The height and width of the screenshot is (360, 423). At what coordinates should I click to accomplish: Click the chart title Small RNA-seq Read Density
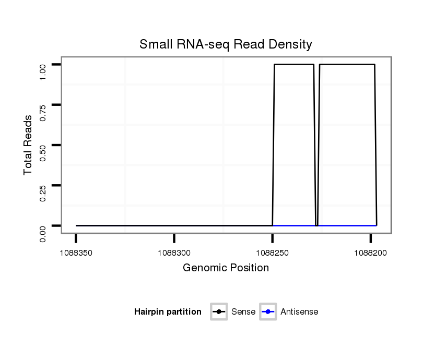point(226,44)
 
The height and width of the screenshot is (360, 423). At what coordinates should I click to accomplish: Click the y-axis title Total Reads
point(29,145)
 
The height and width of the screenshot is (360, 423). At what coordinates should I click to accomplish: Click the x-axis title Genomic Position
point(226,268)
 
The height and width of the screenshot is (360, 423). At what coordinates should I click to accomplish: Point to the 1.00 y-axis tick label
point(43,72)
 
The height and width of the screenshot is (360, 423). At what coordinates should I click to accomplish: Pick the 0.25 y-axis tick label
point(43,193)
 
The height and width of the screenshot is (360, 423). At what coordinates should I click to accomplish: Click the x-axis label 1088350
point(76,253)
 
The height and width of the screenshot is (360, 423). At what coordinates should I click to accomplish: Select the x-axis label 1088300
point(174,253)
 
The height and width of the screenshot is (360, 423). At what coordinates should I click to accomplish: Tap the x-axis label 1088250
point(272,253)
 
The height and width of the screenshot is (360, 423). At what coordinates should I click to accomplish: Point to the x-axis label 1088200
point(370,253)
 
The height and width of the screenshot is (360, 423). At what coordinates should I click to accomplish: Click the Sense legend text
point(243,312)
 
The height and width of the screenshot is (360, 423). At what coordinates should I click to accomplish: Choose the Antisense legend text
point(299,312)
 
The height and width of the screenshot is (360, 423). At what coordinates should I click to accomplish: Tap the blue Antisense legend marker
point(268,312)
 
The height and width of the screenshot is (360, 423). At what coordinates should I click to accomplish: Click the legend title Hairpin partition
point(168,312)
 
